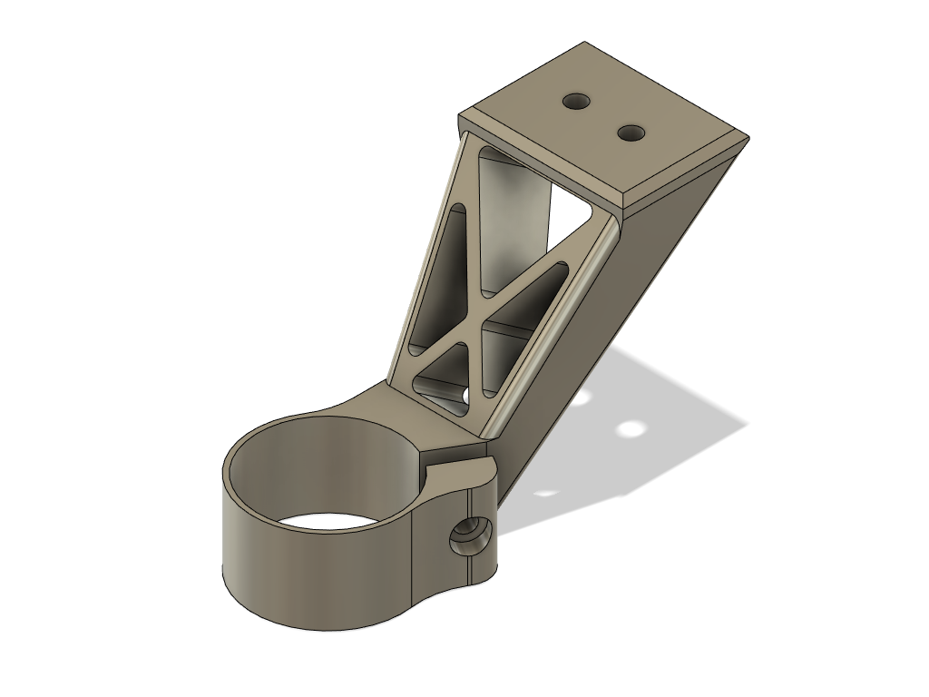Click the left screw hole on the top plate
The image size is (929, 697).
[x=575, y=101]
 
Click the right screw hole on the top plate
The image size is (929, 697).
[x=631, y=133]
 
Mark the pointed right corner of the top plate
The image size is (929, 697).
[x=748, y=137]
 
